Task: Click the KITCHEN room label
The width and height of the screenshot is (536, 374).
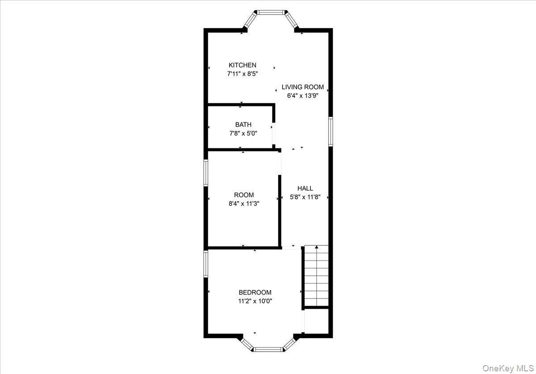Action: tap(243, 65)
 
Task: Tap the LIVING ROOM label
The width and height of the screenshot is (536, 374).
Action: tap(302, 87)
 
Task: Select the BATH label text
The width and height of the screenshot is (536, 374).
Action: tap(243, 125)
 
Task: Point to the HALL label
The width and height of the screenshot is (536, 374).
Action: tap(305, 189)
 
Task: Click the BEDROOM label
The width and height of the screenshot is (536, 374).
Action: tap(255, 293)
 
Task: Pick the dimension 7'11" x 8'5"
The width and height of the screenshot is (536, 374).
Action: tap(243, 74)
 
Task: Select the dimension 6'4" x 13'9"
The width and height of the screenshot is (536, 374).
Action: tap(302, 96)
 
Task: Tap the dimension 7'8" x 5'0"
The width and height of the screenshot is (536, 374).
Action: tap(243, 133)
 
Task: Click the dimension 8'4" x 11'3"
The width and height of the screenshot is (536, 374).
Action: tap(244, 203)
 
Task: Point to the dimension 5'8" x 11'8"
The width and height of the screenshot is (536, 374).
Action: tap(305, 197)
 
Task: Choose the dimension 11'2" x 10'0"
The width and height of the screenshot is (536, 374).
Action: tap(255, 301)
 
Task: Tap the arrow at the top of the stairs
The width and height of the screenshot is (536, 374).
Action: tap(317, 247)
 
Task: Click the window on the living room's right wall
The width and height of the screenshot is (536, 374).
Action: tap(331, 131)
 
